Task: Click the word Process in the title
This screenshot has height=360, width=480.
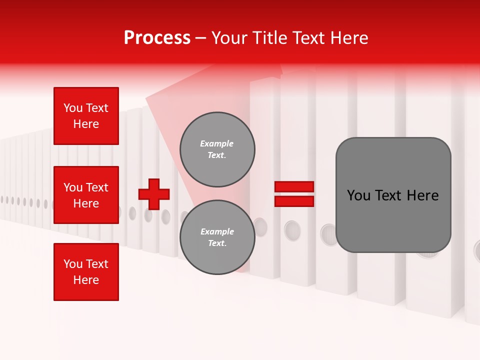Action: [157, 38]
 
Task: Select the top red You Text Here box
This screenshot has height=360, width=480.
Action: [86, 116]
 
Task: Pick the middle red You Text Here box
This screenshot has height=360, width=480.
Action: [86, 195]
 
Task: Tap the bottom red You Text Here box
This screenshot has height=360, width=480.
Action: [86, 272]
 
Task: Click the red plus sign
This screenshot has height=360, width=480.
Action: [154, 194]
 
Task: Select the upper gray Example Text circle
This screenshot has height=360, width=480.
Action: [217, 149]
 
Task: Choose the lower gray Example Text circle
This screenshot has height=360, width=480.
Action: [217, 237]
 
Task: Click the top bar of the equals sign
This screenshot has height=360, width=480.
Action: [294, 187]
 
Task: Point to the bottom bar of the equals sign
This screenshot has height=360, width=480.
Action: [294, 201]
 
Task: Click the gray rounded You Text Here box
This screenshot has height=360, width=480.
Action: [393, 195]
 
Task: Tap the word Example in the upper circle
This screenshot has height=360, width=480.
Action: [217, 144]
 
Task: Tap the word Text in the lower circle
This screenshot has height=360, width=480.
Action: [217, 243]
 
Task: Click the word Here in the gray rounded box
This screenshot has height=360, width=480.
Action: [422, 195]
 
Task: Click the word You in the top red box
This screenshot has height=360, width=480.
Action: [73, 108]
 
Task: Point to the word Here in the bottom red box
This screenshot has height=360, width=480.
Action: [86, 280]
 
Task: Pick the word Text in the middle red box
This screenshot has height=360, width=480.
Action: [97, 187]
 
